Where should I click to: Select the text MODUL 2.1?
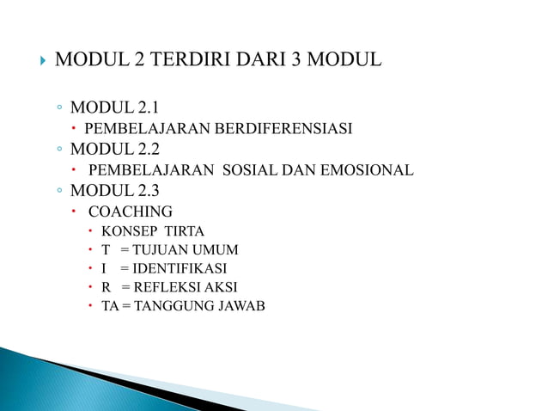pyautogui.click(x=114, y=108)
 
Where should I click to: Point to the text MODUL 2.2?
pyautogui.click(x=114, y=150)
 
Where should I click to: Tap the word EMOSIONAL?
pyautogui.click(x=362, y=170)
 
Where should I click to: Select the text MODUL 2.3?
pyautogui.click(x=114, y=191)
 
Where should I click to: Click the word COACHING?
pyautogui.click(x=131, y=212)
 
